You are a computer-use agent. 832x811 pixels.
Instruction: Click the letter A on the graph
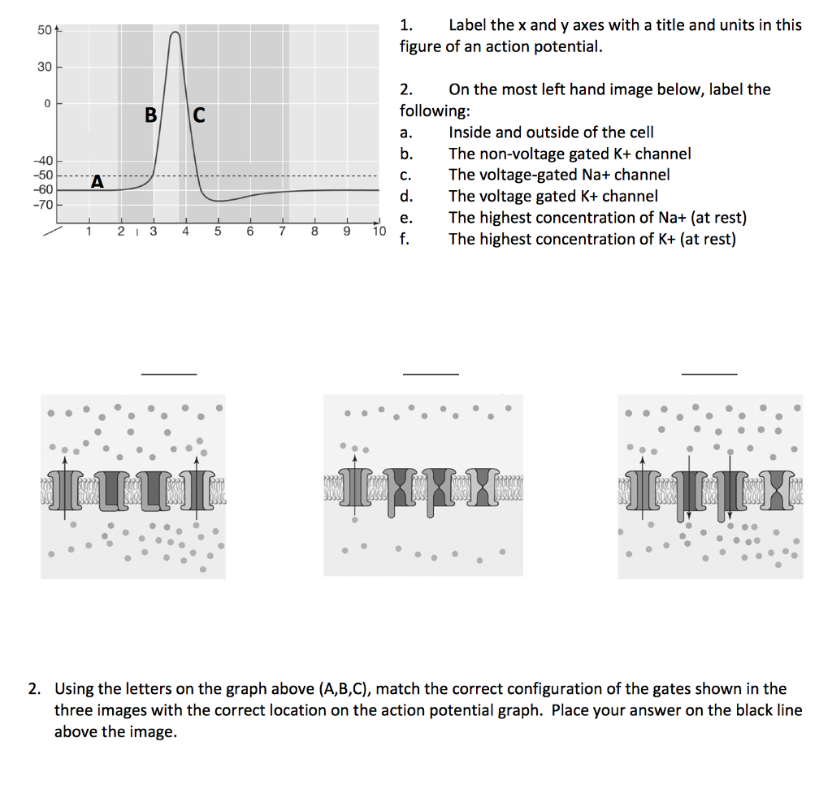pos(97,182)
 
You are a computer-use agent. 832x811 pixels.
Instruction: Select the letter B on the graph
pos(150,115)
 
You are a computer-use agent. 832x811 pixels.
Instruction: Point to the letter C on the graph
pos(199,115)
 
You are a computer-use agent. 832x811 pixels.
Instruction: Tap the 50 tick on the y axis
pos(43,31)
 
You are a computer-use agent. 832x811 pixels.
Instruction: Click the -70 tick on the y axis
pos(42,204)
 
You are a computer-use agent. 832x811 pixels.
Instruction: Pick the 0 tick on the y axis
pos(47,104)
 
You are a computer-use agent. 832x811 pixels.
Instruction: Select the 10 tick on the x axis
pos(379,232)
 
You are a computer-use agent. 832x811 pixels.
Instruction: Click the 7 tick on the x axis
pos(282,232)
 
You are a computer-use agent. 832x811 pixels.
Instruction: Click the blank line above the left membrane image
pos(169,374)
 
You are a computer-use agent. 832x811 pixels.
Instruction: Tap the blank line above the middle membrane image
pos(431,374)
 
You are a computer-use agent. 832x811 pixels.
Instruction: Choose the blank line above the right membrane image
pos(709,374)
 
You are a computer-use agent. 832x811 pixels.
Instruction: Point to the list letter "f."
pos(405,239)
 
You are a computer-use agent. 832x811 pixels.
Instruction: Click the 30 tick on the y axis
pos(43,67)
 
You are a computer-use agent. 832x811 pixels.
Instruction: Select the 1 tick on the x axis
pos(89,232)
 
